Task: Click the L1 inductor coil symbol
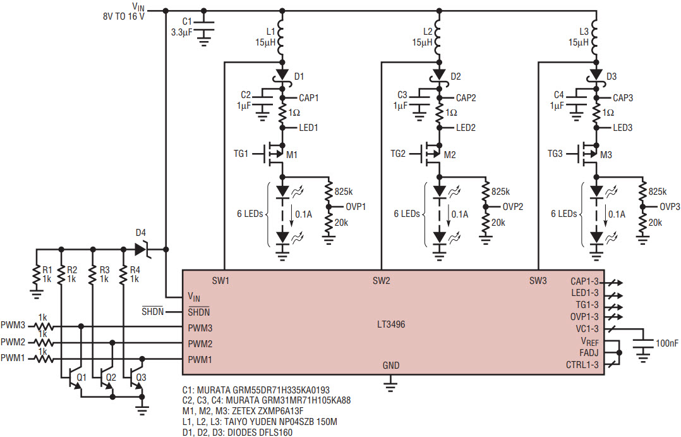282,36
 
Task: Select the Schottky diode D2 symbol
440,75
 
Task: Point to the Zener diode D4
142,250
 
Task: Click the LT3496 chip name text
391,324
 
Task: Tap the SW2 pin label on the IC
382,281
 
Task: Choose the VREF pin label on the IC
589,342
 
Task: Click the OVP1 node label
356,207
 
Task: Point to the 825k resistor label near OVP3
658,192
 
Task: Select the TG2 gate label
398,154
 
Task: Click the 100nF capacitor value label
666,343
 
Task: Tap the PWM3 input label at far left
13,325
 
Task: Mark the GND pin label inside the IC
391,366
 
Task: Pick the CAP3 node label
623,98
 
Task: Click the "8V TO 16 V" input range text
124,16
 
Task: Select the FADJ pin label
589,353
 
